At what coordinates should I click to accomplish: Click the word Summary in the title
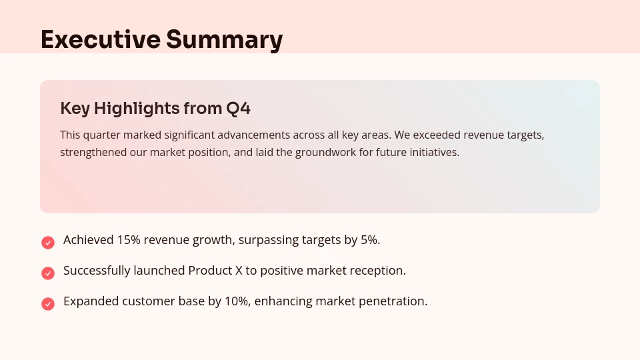(x=225, y=39)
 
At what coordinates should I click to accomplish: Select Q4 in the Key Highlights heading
(x=238, y=108)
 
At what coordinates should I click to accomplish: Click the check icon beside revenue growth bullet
(x=48, y=242)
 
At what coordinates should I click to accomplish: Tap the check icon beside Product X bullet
(x=48, y=273)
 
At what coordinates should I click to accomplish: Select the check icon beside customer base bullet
(x=48, y=303)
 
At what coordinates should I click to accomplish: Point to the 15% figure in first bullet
(x=129, y=240)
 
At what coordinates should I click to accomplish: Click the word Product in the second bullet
(x=209, y=271)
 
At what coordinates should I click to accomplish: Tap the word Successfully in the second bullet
(x=97, y=271)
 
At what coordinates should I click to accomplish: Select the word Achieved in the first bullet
(x=88, y=240)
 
